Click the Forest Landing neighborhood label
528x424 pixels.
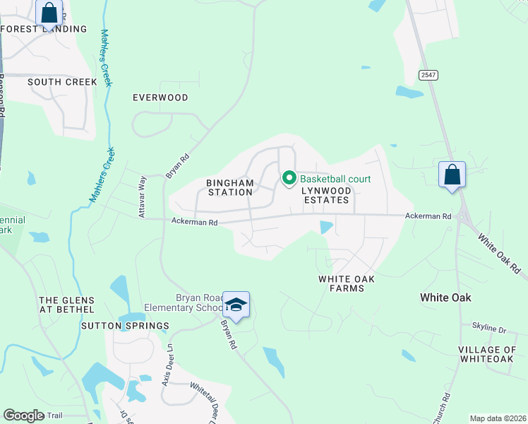[45, 29]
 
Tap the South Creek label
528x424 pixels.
[62, 82]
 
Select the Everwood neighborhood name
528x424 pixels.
[160, 98]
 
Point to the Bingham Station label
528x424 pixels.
[229, 187]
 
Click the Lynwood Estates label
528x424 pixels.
[325, 195]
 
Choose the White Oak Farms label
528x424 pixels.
[346, 283]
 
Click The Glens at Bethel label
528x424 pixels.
[66, 305]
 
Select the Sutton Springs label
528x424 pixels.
[125, 326]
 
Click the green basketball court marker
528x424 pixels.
[289, 179]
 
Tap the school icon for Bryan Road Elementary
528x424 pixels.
[236, 305]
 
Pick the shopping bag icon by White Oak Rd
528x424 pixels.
[452, 175]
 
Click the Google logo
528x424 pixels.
[24, 416]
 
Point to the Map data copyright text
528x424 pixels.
[497, 418]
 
